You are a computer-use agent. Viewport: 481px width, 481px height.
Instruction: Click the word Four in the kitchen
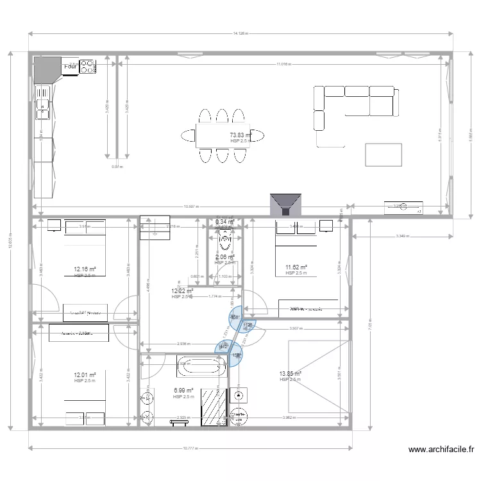[x=70, y=66]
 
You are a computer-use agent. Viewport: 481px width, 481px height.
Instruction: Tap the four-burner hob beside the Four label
[x=87, y=66]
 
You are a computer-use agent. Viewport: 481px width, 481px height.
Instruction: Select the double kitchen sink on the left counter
[x=43, y=109]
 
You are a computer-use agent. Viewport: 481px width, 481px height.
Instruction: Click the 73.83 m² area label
[x=240, y=135]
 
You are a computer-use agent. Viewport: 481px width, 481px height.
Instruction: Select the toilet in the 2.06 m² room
[x=225, y=241]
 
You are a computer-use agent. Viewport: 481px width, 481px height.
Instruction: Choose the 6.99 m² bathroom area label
[x=183, y=390]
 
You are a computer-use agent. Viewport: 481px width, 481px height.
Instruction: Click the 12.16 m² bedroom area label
[x=85, y=269]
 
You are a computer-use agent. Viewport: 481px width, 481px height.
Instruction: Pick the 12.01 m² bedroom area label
[x=85, y=375]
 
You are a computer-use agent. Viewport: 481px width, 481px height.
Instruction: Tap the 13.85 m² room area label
[x=290, y=374]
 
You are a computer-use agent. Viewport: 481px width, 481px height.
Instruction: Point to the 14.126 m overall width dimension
[x=240, y=33]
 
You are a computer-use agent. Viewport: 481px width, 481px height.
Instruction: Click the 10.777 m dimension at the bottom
[x=190, y=448]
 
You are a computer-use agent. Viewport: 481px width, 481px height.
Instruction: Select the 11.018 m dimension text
[x=283, y=65]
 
